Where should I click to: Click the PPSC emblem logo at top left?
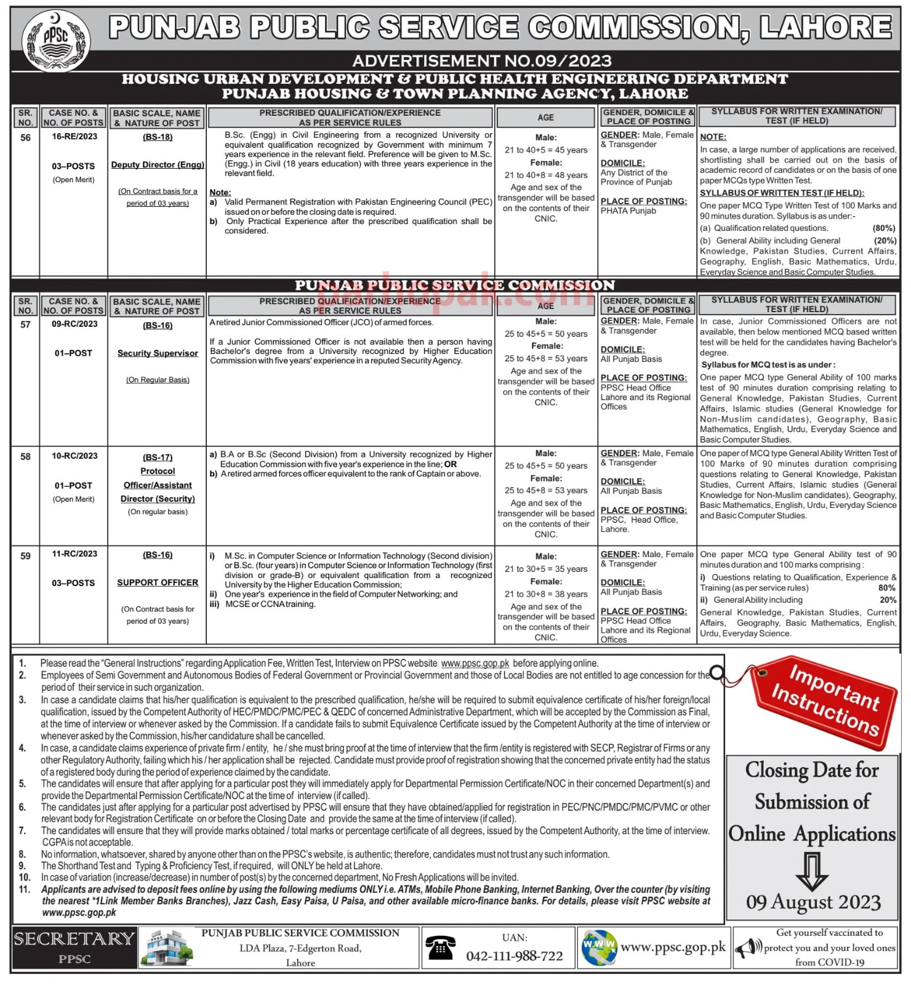(x=56, y=40)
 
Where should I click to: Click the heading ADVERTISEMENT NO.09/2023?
(x=482, y=61)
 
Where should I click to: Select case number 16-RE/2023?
(x=74, y=137)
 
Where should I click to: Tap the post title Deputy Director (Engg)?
(x=158, y=165)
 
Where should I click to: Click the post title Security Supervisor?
(x=158, y=353)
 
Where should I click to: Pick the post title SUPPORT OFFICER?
(x=158, y=582)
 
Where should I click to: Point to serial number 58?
(x=25, y=457)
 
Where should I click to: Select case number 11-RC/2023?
(x=74, y=554)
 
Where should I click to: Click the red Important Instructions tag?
(x=824, y=701)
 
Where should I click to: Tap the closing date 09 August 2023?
(x=813, y=903)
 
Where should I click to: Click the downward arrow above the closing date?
(x=812, y=870)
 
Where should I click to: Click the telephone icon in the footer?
(x=440, y=949)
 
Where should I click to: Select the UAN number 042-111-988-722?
(x=514, y=956)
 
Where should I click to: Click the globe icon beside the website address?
(x=599, y=948)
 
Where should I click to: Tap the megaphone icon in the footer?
(x=747, y=948)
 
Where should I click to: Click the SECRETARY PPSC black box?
(x=74, y=947)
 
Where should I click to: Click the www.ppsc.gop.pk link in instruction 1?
(x=475, y=664)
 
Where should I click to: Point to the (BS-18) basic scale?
(x=158, y=137)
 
